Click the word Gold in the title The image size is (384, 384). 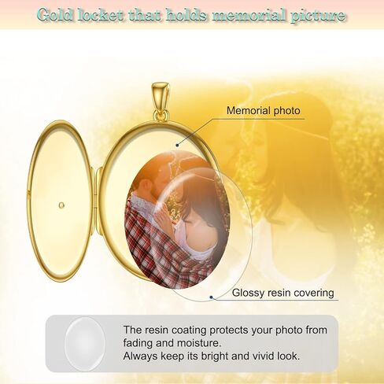click(x=55, y=15)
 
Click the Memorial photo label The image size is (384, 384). click(x=264, y=111)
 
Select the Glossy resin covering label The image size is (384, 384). click(x=283, y=293)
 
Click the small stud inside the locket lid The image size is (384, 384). click(x=61, y=205)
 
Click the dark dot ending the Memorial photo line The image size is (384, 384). click(x=177, y=145)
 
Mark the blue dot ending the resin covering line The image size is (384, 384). click(x=211, y=297)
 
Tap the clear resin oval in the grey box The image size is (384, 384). click(x=85, y=344)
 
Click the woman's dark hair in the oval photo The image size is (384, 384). click(x=202, y=199)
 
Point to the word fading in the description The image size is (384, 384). click(x=138, y=344)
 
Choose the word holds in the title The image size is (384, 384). click(x=186, y=15)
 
